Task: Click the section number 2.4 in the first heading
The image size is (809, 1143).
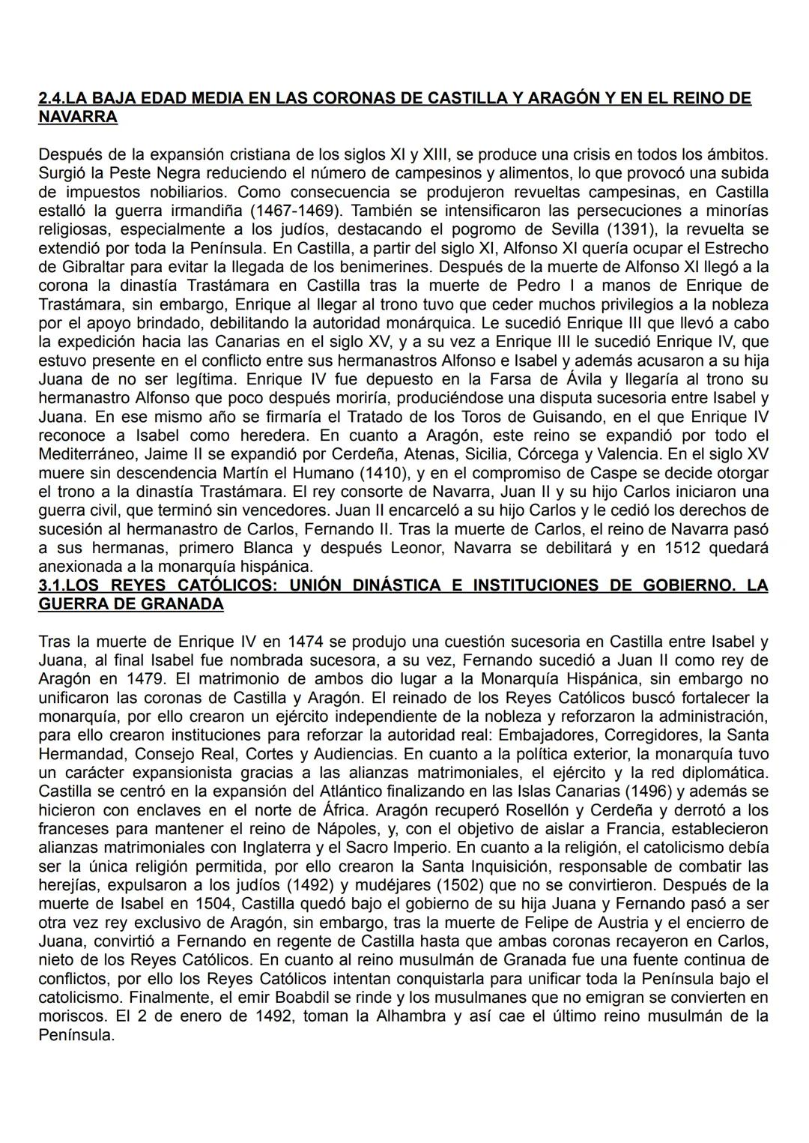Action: tap(51, 98)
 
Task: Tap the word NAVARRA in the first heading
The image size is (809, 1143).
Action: tap(77, 117)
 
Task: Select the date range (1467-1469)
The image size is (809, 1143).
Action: tap(292, 211)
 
